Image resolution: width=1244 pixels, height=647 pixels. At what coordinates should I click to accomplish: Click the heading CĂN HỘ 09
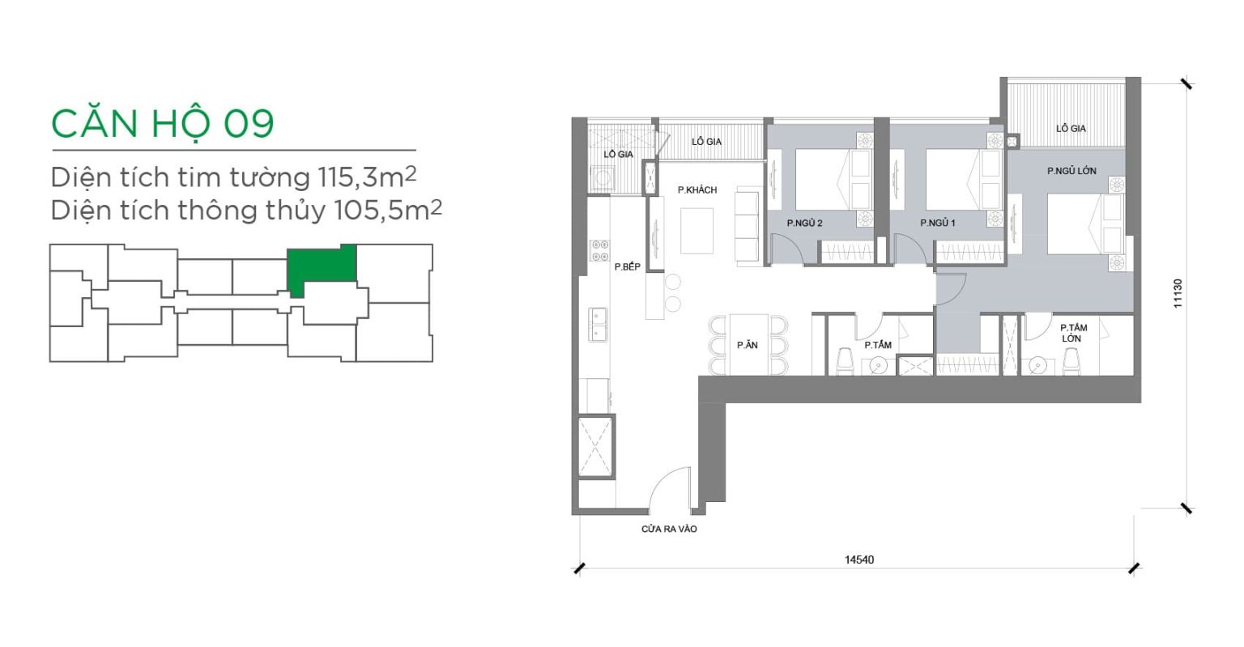(162, 123)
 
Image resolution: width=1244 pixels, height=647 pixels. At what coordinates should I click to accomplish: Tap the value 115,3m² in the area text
(367, 177)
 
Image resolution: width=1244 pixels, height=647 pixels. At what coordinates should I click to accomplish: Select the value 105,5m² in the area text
(388, 210)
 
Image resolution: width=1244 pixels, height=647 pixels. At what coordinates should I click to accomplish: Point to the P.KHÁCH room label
(697, 190)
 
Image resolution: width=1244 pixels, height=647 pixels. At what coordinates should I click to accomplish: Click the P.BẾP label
(627, 266)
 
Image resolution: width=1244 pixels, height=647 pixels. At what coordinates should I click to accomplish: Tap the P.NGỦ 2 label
(804, 223)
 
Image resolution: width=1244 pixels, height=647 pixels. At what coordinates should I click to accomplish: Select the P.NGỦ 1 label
(937, 223)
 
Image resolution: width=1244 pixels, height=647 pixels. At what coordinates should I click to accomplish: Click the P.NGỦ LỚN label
(1071, 171)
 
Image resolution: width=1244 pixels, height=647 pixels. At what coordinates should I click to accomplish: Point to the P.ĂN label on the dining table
(747, 345)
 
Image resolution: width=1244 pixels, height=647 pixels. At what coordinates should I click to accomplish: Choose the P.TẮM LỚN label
(1073, 333)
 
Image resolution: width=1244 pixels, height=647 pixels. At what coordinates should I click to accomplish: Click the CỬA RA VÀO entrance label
(669, 530)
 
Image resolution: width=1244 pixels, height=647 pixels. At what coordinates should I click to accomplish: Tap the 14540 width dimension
(859, 560)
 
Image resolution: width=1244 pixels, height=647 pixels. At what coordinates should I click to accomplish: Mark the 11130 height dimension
(1178, 293)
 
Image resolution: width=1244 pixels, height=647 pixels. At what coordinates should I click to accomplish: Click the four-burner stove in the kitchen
(599, 250)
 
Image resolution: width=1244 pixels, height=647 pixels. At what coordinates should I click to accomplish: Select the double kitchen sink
(599, 325)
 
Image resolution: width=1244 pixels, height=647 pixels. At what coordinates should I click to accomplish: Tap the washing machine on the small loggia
(600, 178)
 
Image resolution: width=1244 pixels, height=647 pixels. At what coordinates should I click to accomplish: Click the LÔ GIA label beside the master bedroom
(1071, 128)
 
